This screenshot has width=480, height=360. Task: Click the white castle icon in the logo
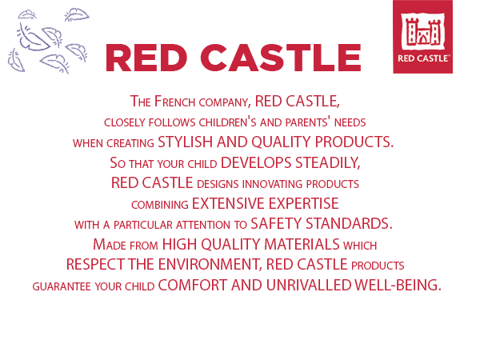422,31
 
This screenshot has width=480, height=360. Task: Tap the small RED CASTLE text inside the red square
424,58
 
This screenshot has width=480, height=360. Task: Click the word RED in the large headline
146,58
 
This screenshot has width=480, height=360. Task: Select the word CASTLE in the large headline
281,58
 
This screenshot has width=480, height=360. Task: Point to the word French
174,102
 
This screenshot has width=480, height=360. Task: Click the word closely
125,122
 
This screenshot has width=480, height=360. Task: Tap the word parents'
308,122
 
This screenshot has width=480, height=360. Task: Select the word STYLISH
186,142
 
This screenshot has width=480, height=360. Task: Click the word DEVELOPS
256,162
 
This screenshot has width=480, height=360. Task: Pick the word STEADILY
327,162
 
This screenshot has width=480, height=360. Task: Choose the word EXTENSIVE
228,203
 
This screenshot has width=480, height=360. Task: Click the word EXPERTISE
304,203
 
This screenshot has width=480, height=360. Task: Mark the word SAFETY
276,223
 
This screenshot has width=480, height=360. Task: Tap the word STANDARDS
349,223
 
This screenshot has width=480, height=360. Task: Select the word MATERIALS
302,244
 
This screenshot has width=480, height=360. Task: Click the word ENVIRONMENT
210,265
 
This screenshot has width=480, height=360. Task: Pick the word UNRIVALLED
309,285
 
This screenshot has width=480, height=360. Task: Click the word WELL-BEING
398,285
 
